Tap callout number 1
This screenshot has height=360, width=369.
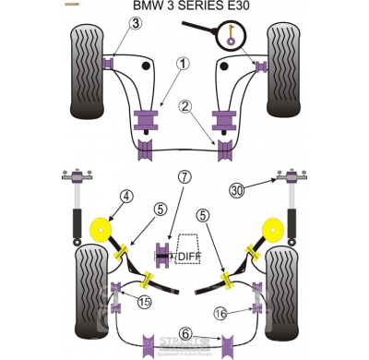tap(183, 64)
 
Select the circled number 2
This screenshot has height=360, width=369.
tap(186, 107)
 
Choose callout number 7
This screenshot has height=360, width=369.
tap(184, 177)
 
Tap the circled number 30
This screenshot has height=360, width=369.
tap(237, 190)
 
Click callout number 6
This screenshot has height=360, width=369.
tap(184, 334)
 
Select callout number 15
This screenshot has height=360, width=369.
tap(143, 303)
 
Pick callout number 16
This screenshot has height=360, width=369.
tap(220, 313)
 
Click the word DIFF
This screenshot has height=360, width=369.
tap(188, 256)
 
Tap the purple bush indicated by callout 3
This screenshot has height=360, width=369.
tap(111, 62)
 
